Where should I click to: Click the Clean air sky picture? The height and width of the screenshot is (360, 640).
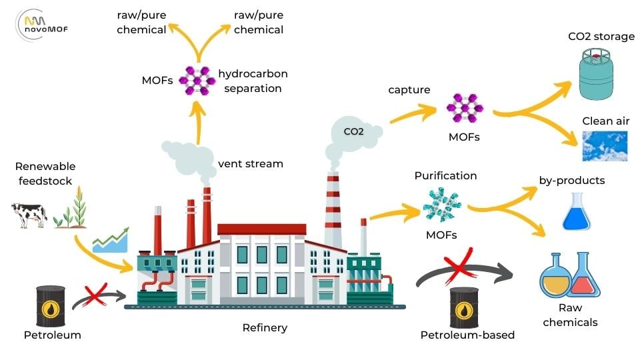coord(604,146)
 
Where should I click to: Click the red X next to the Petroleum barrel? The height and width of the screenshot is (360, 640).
coord(95,293)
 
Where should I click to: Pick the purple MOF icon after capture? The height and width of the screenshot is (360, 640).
coord(463,108)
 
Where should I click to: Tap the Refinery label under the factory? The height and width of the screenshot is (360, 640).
coord(265,327)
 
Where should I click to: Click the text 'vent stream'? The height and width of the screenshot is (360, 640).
coord(250,163)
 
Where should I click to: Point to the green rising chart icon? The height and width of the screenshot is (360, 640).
coord(111,239)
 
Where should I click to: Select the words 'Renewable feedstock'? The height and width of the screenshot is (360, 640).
coord(45,173)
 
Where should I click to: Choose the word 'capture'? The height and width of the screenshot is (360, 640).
coord(409,89)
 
